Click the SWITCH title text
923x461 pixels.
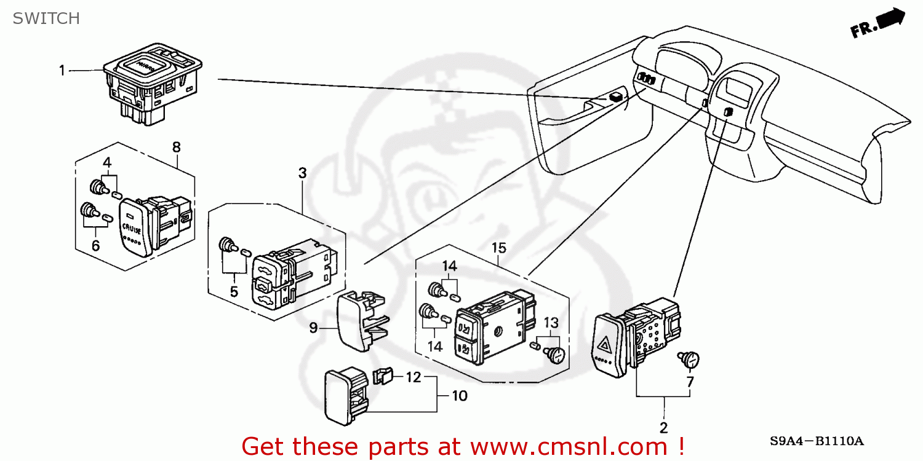coord(46,19)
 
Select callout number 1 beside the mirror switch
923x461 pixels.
coord(62,71)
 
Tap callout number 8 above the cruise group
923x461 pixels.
coord(177,147)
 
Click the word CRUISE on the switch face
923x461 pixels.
coord(132,230)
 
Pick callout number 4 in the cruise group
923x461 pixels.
coord(107,163)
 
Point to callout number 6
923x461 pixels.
coord(95,245)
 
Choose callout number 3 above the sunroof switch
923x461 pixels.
coord(302,173)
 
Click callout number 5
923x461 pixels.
coord(234,292)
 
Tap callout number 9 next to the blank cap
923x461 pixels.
coord(313,328)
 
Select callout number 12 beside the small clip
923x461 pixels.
coord(414,377)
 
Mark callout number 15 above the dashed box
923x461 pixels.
coord(498,248)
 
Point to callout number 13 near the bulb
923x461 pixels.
coord(551,322)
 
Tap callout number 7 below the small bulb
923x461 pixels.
coord(690,382)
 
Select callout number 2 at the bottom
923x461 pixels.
coord(664,428)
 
